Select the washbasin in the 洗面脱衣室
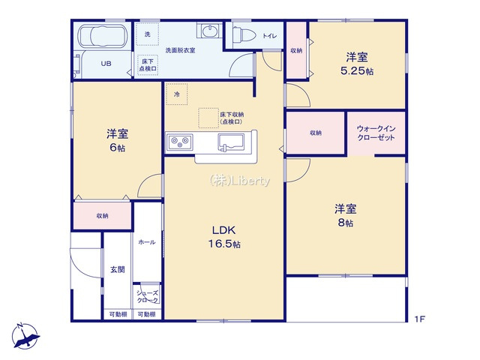tap(208, 31)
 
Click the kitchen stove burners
tap(180, 140)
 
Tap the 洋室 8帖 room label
tap(344, 214)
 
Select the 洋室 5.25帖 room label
tap(357, 64)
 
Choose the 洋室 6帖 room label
tap(116, 141)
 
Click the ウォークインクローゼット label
tap(376, 133)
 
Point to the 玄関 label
tap(117, 269)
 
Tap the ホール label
tap(147, 241)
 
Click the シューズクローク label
tap(148, 296)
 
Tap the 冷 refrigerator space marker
tap(177, 94)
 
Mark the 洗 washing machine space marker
tap(147, 35)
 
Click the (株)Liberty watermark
tap(239, 180)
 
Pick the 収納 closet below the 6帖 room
tap(102, 215)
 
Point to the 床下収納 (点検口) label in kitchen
tap(230, 118)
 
